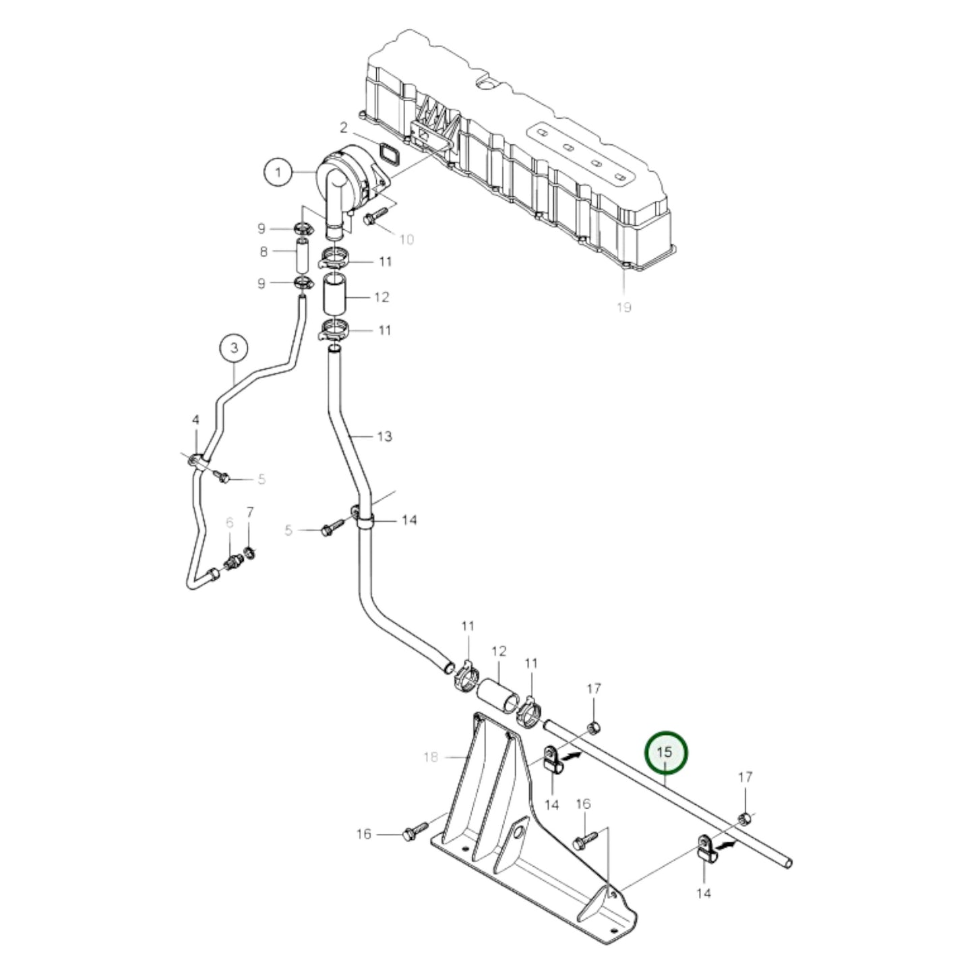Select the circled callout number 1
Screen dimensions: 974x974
click(277, 173)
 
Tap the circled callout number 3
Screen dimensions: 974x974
click(234, 348)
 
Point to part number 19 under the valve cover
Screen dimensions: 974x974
click(623, 307)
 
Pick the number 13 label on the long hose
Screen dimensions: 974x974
click(384, 436)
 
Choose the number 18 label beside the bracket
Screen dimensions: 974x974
click(431, 757)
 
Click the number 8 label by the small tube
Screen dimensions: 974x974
click(264, 251)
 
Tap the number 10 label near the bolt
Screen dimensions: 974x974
click(406, 239)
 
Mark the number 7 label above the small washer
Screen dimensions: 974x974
click(250, 512)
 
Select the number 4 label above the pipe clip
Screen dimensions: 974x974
click(195, 420)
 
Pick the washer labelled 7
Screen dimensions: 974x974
click(250, 553)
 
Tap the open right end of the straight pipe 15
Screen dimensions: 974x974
click(788, 863)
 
